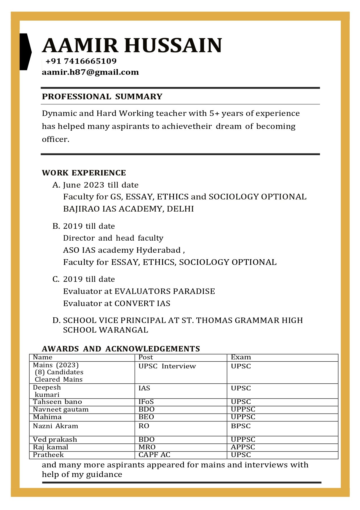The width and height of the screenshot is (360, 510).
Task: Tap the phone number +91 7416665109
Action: [x=81, y=61]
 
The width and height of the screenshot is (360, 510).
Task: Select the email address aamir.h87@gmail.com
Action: [x=90, y=72]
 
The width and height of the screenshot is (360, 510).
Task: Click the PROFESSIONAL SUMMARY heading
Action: [x=102, y=96]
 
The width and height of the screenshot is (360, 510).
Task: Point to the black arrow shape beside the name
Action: [x=25, y=52]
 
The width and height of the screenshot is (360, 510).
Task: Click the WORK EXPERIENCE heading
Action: [x=84, y=173]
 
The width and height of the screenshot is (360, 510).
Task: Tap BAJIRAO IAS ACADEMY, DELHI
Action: [x=128, y=209]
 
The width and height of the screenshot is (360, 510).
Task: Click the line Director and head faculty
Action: [x=113, y=238]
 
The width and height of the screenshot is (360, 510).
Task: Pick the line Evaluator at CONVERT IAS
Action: [x=117, y=304]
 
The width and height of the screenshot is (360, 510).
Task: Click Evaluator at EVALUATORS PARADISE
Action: [x=139, y=291]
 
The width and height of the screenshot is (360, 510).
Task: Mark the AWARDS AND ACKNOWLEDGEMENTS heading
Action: [x=121, y=349]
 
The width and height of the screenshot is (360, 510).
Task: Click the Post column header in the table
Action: [x=146, y=357]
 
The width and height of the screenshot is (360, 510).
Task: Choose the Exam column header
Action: [x=241, y=357]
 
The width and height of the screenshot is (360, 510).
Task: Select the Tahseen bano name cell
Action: [x=57, y=402]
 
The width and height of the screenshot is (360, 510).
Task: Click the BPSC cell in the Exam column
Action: [x=241, y=426]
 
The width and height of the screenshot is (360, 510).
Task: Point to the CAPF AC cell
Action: [x=154, y=455]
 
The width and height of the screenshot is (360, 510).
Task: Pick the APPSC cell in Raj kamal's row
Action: [x=243, y=447]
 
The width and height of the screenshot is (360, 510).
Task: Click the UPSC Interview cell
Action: [x=167, y=366]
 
